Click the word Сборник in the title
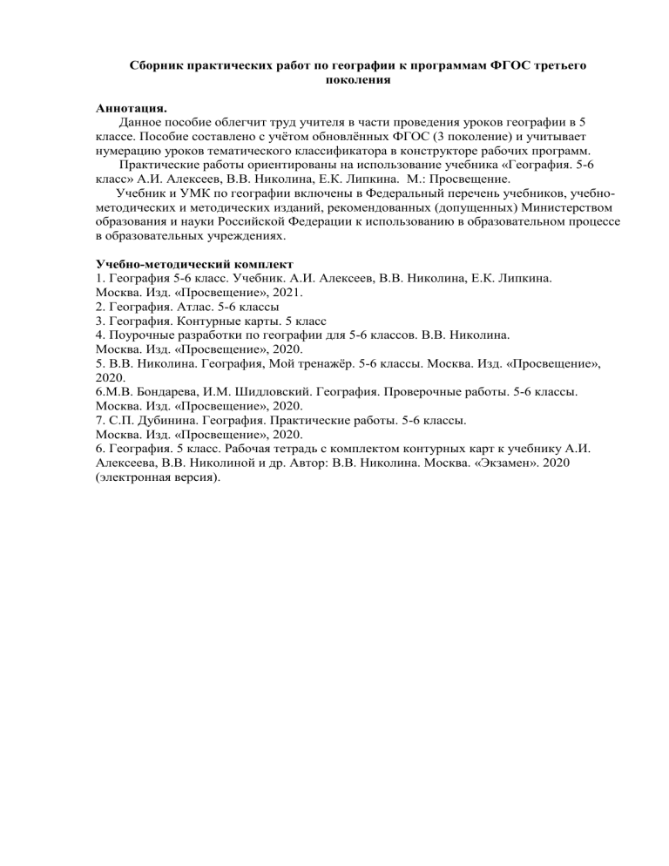coord(159,65)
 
